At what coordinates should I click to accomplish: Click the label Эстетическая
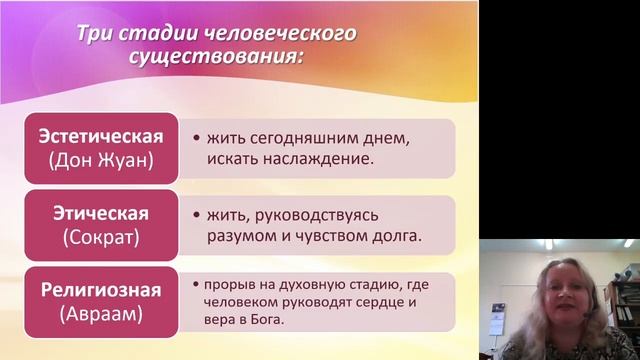(x=98, y=135)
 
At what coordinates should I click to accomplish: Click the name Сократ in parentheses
(x=98, y=237)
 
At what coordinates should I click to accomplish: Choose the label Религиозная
(x=99, y=291)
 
